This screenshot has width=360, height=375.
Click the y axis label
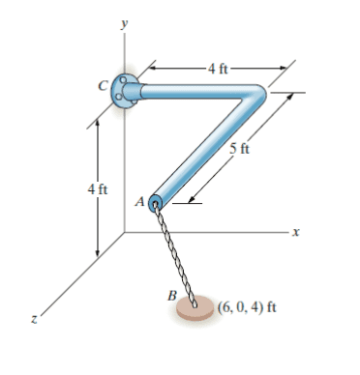tap(124, 24)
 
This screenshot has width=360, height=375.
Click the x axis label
tap(296, 232)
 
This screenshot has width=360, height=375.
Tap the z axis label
tap(34, 319)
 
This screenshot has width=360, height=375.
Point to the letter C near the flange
tap(103, 86)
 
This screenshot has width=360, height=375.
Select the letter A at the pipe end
tap(139, 202)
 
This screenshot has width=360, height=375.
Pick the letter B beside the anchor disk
tap(172, 295)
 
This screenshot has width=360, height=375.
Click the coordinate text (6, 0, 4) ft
tap(247, 307)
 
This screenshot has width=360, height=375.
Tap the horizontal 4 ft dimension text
tap(218, 69)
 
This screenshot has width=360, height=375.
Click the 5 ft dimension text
tap(239, 149)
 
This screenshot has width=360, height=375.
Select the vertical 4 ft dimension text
tap(98, 189)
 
